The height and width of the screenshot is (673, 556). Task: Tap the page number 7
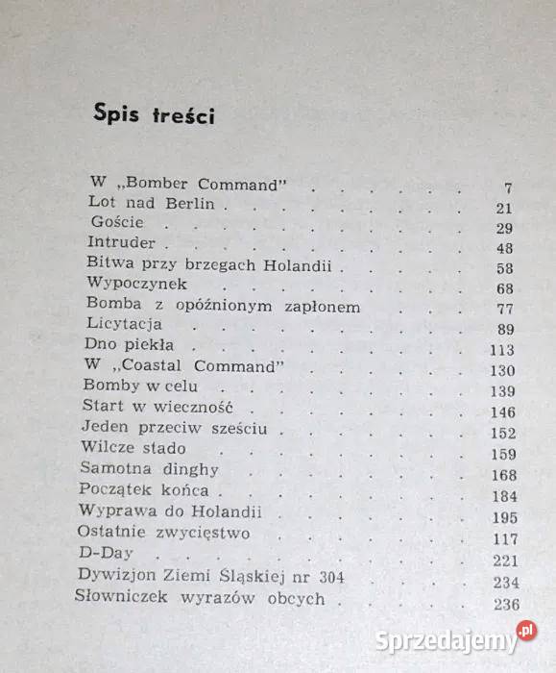(508, 187)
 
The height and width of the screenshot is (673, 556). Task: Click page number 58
(504, 268)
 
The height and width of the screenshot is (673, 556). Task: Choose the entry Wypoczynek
(135, 284)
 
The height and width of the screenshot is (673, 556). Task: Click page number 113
(500, 350)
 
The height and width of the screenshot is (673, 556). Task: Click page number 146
(501, 413)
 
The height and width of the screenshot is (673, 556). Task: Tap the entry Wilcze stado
(133, 448)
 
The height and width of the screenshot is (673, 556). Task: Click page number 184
(501, 497)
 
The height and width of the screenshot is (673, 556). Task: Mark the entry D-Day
(104, 554)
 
